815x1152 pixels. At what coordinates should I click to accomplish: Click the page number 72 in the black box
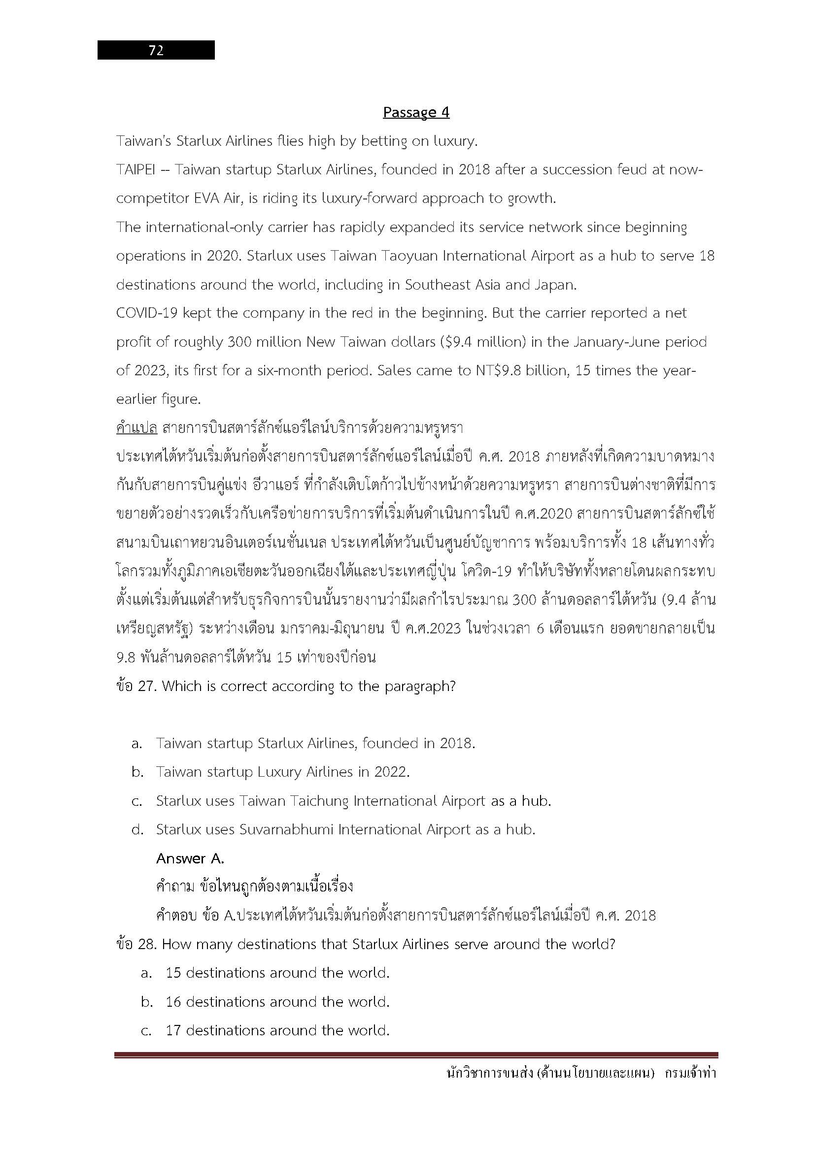(x=156, y=50)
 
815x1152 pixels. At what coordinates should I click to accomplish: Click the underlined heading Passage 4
(x=416, y=112)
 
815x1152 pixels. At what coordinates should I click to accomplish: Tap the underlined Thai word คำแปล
(x=136, y=428)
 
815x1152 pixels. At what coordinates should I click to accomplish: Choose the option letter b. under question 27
(x=137, y=772)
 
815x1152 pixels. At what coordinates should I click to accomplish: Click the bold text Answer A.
(x=190, y=858)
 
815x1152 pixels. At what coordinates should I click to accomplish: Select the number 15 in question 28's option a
(x=173, y=973)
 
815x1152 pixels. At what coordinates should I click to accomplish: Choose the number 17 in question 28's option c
(x=173, y=1030)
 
